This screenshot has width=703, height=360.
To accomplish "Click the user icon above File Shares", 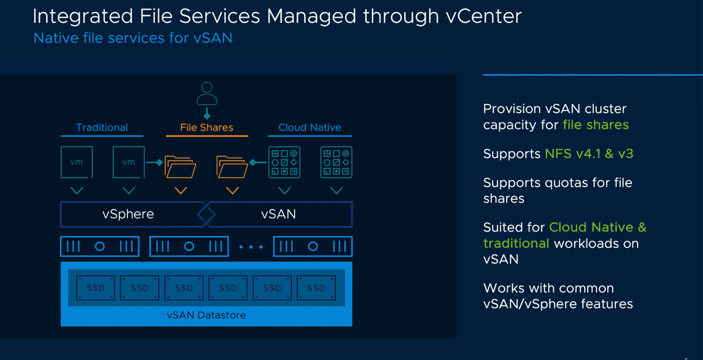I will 207,94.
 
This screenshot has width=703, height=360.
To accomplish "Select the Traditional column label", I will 102,127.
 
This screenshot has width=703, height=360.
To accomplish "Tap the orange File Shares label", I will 207,127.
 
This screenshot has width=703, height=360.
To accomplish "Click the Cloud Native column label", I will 310,127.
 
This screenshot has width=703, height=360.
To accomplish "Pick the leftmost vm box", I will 77,162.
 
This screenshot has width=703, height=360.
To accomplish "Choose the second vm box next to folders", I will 128,162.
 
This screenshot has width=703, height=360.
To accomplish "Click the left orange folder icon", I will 180,167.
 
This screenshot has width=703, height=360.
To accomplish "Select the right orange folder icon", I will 232,167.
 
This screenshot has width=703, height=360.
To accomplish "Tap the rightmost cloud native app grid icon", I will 336,162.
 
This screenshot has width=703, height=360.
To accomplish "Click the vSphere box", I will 128,214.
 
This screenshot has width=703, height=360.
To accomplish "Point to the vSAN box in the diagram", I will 279,214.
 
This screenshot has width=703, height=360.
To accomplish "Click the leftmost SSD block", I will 95,288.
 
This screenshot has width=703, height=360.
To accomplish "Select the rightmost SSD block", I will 316,288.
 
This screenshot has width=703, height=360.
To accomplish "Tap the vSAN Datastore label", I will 206,315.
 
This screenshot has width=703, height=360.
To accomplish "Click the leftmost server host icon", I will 100,246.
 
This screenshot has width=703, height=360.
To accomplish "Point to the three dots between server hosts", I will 251,247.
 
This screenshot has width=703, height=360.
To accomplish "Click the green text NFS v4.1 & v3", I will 589,154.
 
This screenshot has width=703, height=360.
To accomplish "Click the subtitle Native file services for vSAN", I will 133,38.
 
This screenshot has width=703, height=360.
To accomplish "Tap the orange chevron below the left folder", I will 180,190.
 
